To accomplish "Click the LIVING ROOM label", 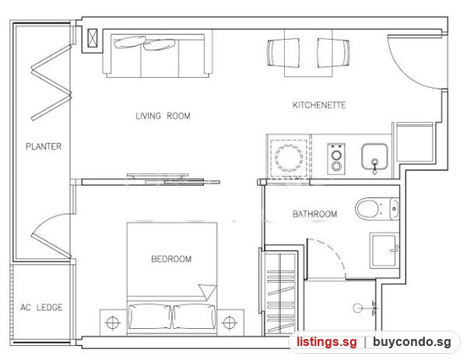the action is click(x=163, y=116).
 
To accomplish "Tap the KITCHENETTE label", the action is click(x=319, y=105).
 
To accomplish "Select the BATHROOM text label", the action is click(x=314, y=214).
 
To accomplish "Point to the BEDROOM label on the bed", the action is click(x=171, y=259).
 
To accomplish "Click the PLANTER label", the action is click(x=44, y=146).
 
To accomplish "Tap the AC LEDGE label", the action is click(x=41, y=307).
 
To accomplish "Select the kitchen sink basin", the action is click(x=374, y=156).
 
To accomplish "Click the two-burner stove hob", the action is click(x=336, y=159).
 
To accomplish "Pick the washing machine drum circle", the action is click(x=289, y=156).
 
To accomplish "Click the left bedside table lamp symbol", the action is click(x=113, y=322).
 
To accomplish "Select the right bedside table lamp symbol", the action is click(x=229, y=322).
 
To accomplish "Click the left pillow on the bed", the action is click(x=150, y=316).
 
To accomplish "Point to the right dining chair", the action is click(x=332, y=53).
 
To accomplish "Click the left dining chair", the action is click(x=283, y=53).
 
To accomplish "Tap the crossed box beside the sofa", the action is click(x=93, y=38).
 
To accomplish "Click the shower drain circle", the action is click(x=358, y=308).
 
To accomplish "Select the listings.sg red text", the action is click(x=327, y=342).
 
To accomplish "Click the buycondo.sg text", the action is click(x=412, y=342).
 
